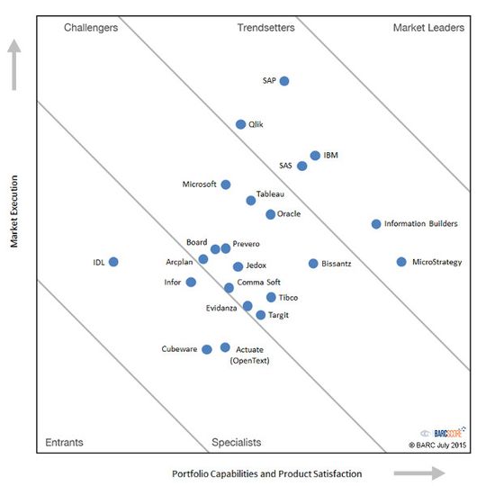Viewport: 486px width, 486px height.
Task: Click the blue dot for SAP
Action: point(284,81)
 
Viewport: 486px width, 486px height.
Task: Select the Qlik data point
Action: point(240,124)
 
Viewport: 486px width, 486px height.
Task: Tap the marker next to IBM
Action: point(315,156)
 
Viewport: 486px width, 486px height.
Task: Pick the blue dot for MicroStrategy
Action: point(401,262)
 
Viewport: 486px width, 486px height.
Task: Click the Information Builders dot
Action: point(376,224)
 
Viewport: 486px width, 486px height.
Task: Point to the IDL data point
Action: point(113,262)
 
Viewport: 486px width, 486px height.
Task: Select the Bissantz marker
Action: point(313,264)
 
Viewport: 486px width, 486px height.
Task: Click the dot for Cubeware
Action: point(207,349)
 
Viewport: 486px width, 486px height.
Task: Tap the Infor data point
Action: point(191,282)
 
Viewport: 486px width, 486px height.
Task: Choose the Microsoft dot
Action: point(226,184)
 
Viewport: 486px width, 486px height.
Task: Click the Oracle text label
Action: point(289,214)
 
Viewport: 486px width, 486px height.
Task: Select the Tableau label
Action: point(270,193)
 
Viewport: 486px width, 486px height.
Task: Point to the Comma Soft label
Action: point(258,283)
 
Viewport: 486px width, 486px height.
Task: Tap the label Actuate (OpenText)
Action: point(251,355)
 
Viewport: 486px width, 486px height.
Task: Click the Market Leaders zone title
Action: point(428,28)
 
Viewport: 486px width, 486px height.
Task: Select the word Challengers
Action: point(91,28)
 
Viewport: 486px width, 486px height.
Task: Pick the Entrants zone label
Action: point(64,442)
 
